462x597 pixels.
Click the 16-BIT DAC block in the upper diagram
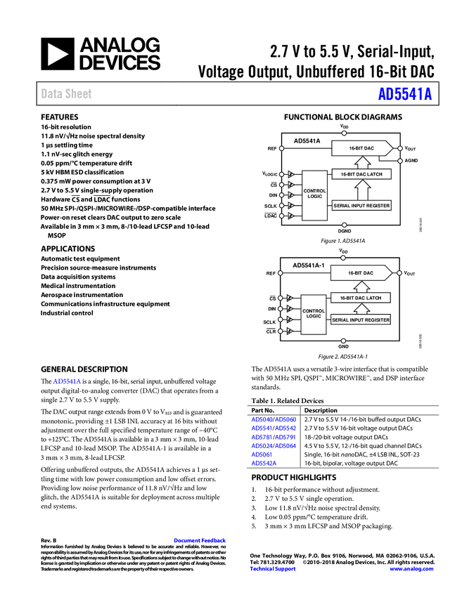tap(361, 149)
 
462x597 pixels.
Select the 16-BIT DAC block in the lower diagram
tap(361, 273)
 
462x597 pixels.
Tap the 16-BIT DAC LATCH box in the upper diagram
tap(361, 174)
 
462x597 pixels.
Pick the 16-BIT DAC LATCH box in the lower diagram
tap(361, 298)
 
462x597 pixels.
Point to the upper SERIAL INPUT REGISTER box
tap(361, 206)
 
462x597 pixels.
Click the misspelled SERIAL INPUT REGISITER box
tap(361, 320)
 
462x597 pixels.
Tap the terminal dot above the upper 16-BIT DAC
tap(343, 133)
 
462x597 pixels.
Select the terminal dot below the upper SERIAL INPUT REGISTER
tap(344, 225)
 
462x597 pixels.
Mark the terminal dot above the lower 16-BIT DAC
tap(342, 258)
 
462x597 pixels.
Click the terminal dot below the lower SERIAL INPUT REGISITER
tap(343, 341)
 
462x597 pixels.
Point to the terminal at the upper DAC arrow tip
tap(400, 149)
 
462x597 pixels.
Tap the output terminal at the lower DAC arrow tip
tap(400, 273)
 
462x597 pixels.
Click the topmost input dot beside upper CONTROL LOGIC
tap(281, 174)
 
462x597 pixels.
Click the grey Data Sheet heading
tap(67, 94)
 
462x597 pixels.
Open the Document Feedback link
tap(200, 541)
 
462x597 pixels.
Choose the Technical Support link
tap(273, 569)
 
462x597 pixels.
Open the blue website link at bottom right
tap(411, 569)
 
